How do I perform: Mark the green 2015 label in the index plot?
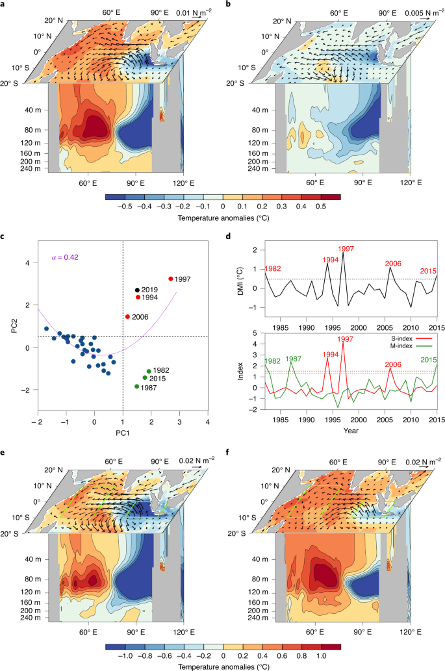tap(427, 359)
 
